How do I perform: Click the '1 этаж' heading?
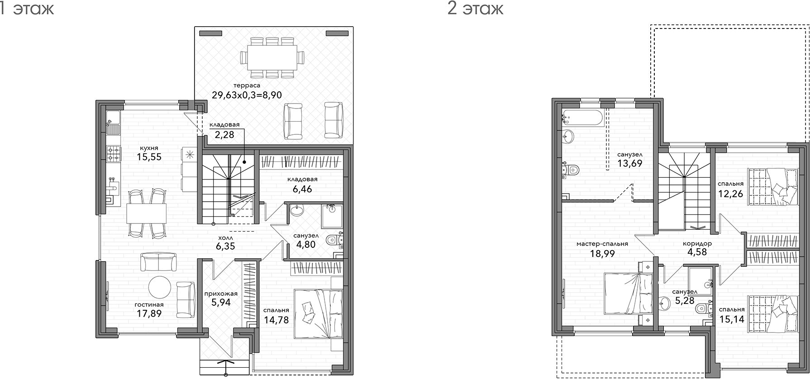coord(26,9)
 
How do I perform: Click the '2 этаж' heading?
coord(475,9)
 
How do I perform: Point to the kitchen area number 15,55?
coord(149,157)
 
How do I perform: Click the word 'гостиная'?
coord(149,305)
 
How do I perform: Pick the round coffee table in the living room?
coord(160,287)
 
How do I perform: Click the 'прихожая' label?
coord(221,294)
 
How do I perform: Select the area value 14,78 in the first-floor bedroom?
coord(276,321)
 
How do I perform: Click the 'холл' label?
coord(225,237)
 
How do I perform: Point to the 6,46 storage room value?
coord(302,189)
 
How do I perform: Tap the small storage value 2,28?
coord(224,134)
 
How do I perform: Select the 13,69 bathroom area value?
coord(630,163)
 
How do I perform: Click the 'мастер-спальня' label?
coord(602,244)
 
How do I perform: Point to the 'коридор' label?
coord(697,243)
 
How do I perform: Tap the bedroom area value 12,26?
coord(731,193)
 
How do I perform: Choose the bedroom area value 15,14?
coord(732,319)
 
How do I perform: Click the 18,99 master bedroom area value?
coord(602,253)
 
